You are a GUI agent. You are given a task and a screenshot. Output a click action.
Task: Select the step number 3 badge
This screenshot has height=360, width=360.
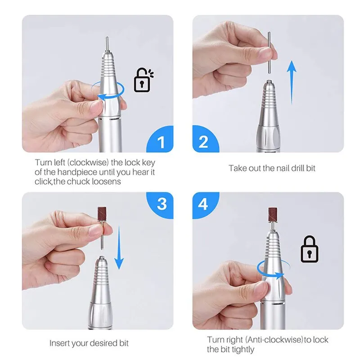pos(162,203)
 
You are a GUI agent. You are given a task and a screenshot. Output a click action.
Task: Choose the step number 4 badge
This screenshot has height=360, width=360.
pos(203,203)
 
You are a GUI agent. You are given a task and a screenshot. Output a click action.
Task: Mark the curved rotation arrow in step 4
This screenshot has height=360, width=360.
pos(270,270)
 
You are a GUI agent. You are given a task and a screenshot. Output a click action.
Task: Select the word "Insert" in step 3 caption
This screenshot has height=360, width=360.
pos(59,343)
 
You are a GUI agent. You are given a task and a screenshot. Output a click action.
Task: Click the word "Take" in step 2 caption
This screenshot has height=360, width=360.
pos(237,168)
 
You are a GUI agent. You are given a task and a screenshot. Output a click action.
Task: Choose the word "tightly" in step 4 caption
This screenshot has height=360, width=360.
pos(243,349)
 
